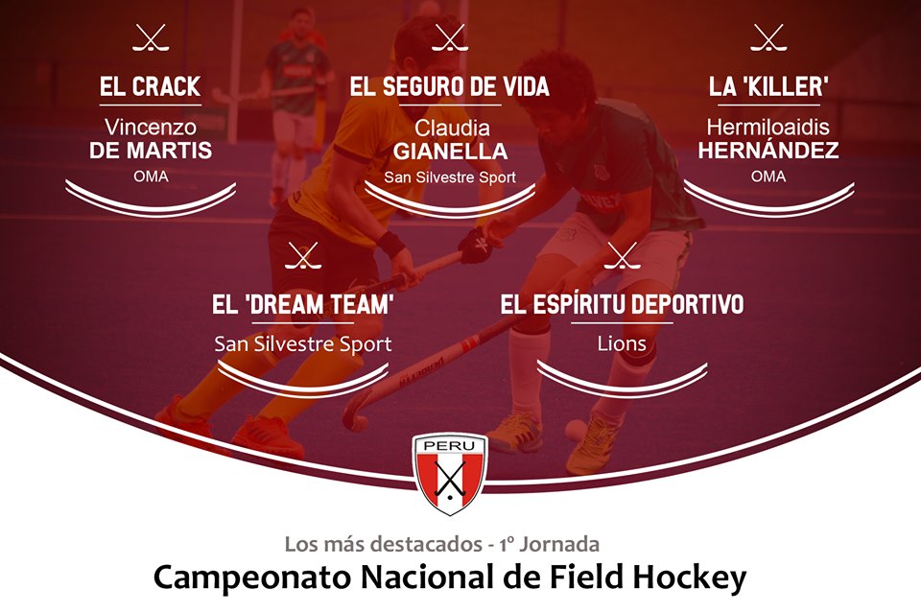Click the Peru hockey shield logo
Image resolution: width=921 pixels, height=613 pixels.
[x=449, y=474]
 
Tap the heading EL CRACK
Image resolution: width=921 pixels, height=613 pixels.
[x=151, y=87]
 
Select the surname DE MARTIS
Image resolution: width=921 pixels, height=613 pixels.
[x=151, y=151]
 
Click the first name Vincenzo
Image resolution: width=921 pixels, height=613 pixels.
[x=151, y=127]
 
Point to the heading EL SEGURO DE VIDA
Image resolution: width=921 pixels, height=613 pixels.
[x=450, y=87]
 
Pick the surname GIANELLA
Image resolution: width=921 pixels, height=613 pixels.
[x=451, y=152]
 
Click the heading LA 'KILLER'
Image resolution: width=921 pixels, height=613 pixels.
[x=768, y=87]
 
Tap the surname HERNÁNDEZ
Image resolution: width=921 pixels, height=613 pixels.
[x=768, y=151]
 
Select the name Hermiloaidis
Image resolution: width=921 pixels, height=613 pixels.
[x=768, y=127]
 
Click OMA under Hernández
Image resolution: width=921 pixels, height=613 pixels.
[x=768, y=177]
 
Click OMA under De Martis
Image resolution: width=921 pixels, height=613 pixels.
[x=151, y=177]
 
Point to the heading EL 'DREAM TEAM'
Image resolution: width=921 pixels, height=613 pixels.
[x=302, y=305]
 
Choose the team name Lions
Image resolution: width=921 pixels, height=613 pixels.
[x=622, y=343]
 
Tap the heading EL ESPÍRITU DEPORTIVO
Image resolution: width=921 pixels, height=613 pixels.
[x=622, y=304]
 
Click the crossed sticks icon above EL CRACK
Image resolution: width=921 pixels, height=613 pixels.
[x=151, y=38]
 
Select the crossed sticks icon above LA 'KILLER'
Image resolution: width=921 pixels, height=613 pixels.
[x=768, y=38]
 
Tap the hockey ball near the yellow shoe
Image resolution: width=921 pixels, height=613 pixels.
[x=575, y=429]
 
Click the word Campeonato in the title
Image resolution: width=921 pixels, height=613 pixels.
[x=252, y=578]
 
